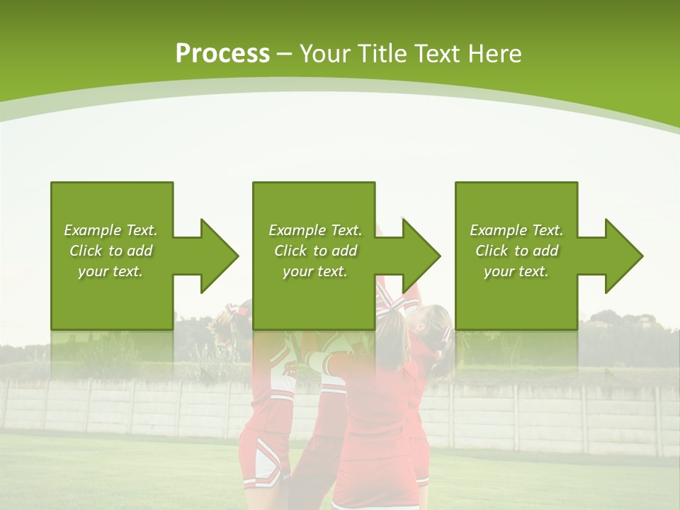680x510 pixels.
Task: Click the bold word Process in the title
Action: point(222,54)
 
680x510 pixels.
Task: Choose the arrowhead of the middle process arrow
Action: point(421,256)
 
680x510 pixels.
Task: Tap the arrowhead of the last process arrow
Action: point(623,256)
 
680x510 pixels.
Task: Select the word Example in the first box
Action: point(93,230)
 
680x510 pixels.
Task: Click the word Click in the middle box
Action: point(291,251)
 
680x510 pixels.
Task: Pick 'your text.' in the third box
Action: point(516,271)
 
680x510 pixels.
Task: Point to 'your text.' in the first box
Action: point(110,271)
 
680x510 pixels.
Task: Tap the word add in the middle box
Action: point(344,251)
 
